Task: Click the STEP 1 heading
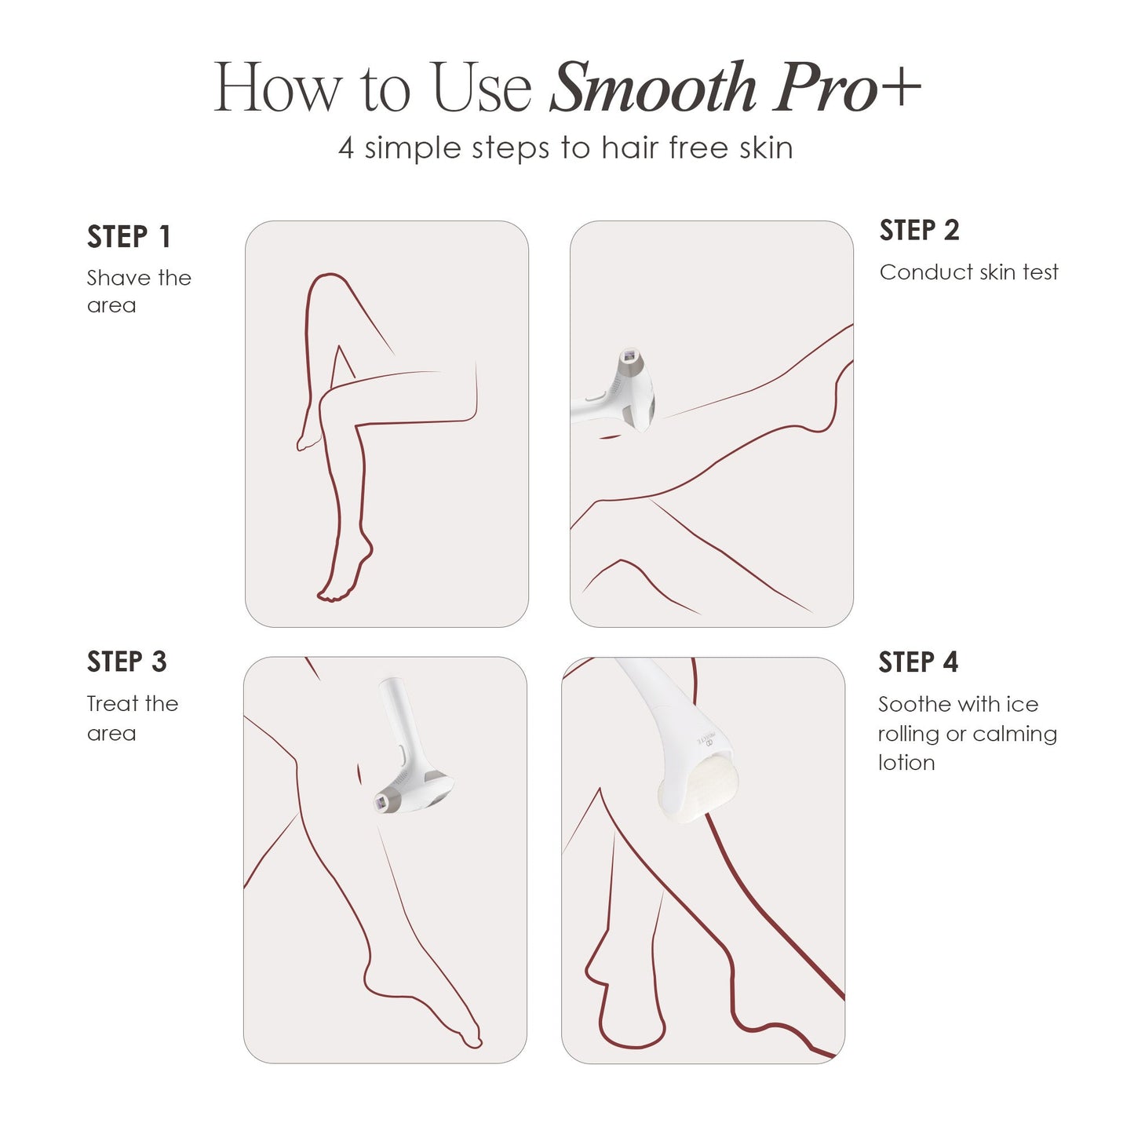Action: tap(129, 237)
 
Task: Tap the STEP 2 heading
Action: tap(919, 231)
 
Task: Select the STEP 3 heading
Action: tap(126, 662)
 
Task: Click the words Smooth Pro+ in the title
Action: tap(735, 88)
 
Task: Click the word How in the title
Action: tap(278, 88)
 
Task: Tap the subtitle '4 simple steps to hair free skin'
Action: tap(566, 148)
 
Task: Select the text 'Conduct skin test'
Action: tap(968, 272)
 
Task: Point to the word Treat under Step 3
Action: tap(114, 704)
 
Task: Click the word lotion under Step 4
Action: tap(906, 763)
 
